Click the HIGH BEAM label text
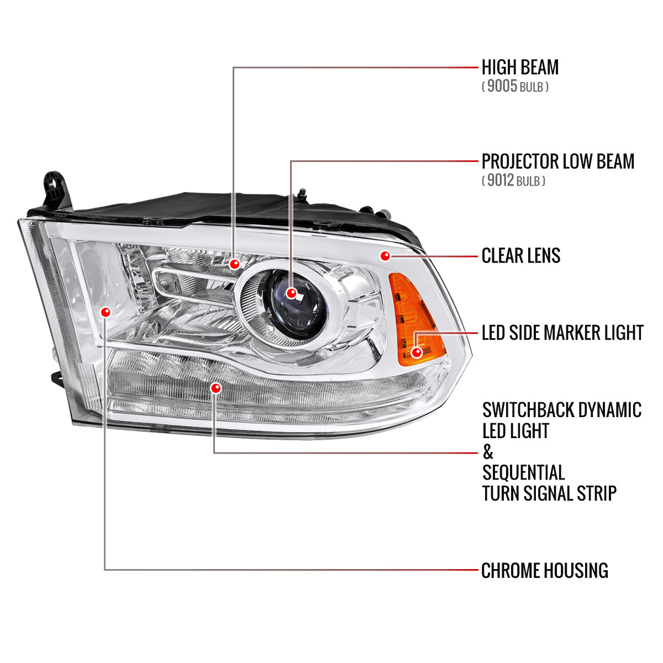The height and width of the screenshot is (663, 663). [520, 67]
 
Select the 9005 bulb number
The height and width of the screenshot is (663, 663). [502, 86]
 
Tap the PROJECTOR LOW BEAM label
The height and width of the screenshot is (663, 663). [558, 161]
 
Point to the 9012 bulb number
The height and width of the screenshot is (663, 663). [501, 180]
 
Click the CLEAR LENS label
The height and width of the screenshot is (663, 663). [521, 256]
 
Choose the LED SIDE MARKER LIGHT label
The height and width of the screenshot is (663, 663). [562, 333]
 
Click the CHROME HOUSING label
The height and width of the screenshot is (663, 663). [545, 570]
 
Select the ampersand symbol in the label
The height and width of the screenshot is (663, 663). [487, 452]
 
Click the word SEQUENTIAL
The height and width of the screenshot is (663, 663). [523, 473]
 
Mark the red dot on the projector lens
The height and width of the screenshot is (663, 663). [292, 293]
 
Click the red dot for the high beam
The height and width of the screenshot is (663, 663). [235, 264]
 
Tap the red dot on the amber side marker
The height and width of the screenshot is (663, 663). [417, 351]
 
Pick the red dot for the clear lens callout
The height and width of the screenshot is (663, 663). [385, 255]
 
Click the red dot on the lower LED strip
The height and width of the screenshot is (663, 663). [215, 388]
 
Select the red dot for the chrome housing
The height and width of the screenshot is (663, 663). [106, 312]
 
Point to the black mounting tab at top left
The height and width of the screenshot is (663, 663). [55, 188]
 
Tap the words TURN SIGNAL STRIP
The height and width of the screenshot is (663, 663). [549, 493]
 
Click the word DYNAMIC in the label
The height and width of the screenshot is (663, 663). [609, 410]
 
